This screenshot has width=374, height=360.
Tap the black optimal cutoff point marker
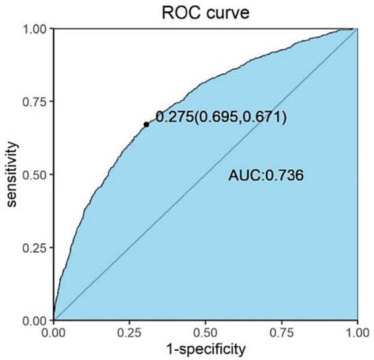click(x=146, y=124)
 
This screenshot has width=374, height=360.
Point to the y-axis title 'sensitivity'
click(x=12, y=175)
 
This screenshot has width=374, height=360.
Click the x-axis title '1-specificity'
click(x=204, y=347)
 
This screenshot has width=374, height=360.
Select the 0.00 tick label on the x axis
click(x=53, y=332)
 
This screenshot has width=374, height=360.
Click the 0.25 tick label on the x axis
click(x=129, y=332)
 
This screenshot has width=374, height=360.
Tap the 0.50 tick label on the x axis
click(x=205, y=332)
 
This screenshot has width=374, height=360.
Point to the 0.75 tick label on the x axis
click(x=281, y=332)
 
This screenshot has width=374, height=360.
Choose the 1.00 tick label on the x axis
click(x=356, y=332)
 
